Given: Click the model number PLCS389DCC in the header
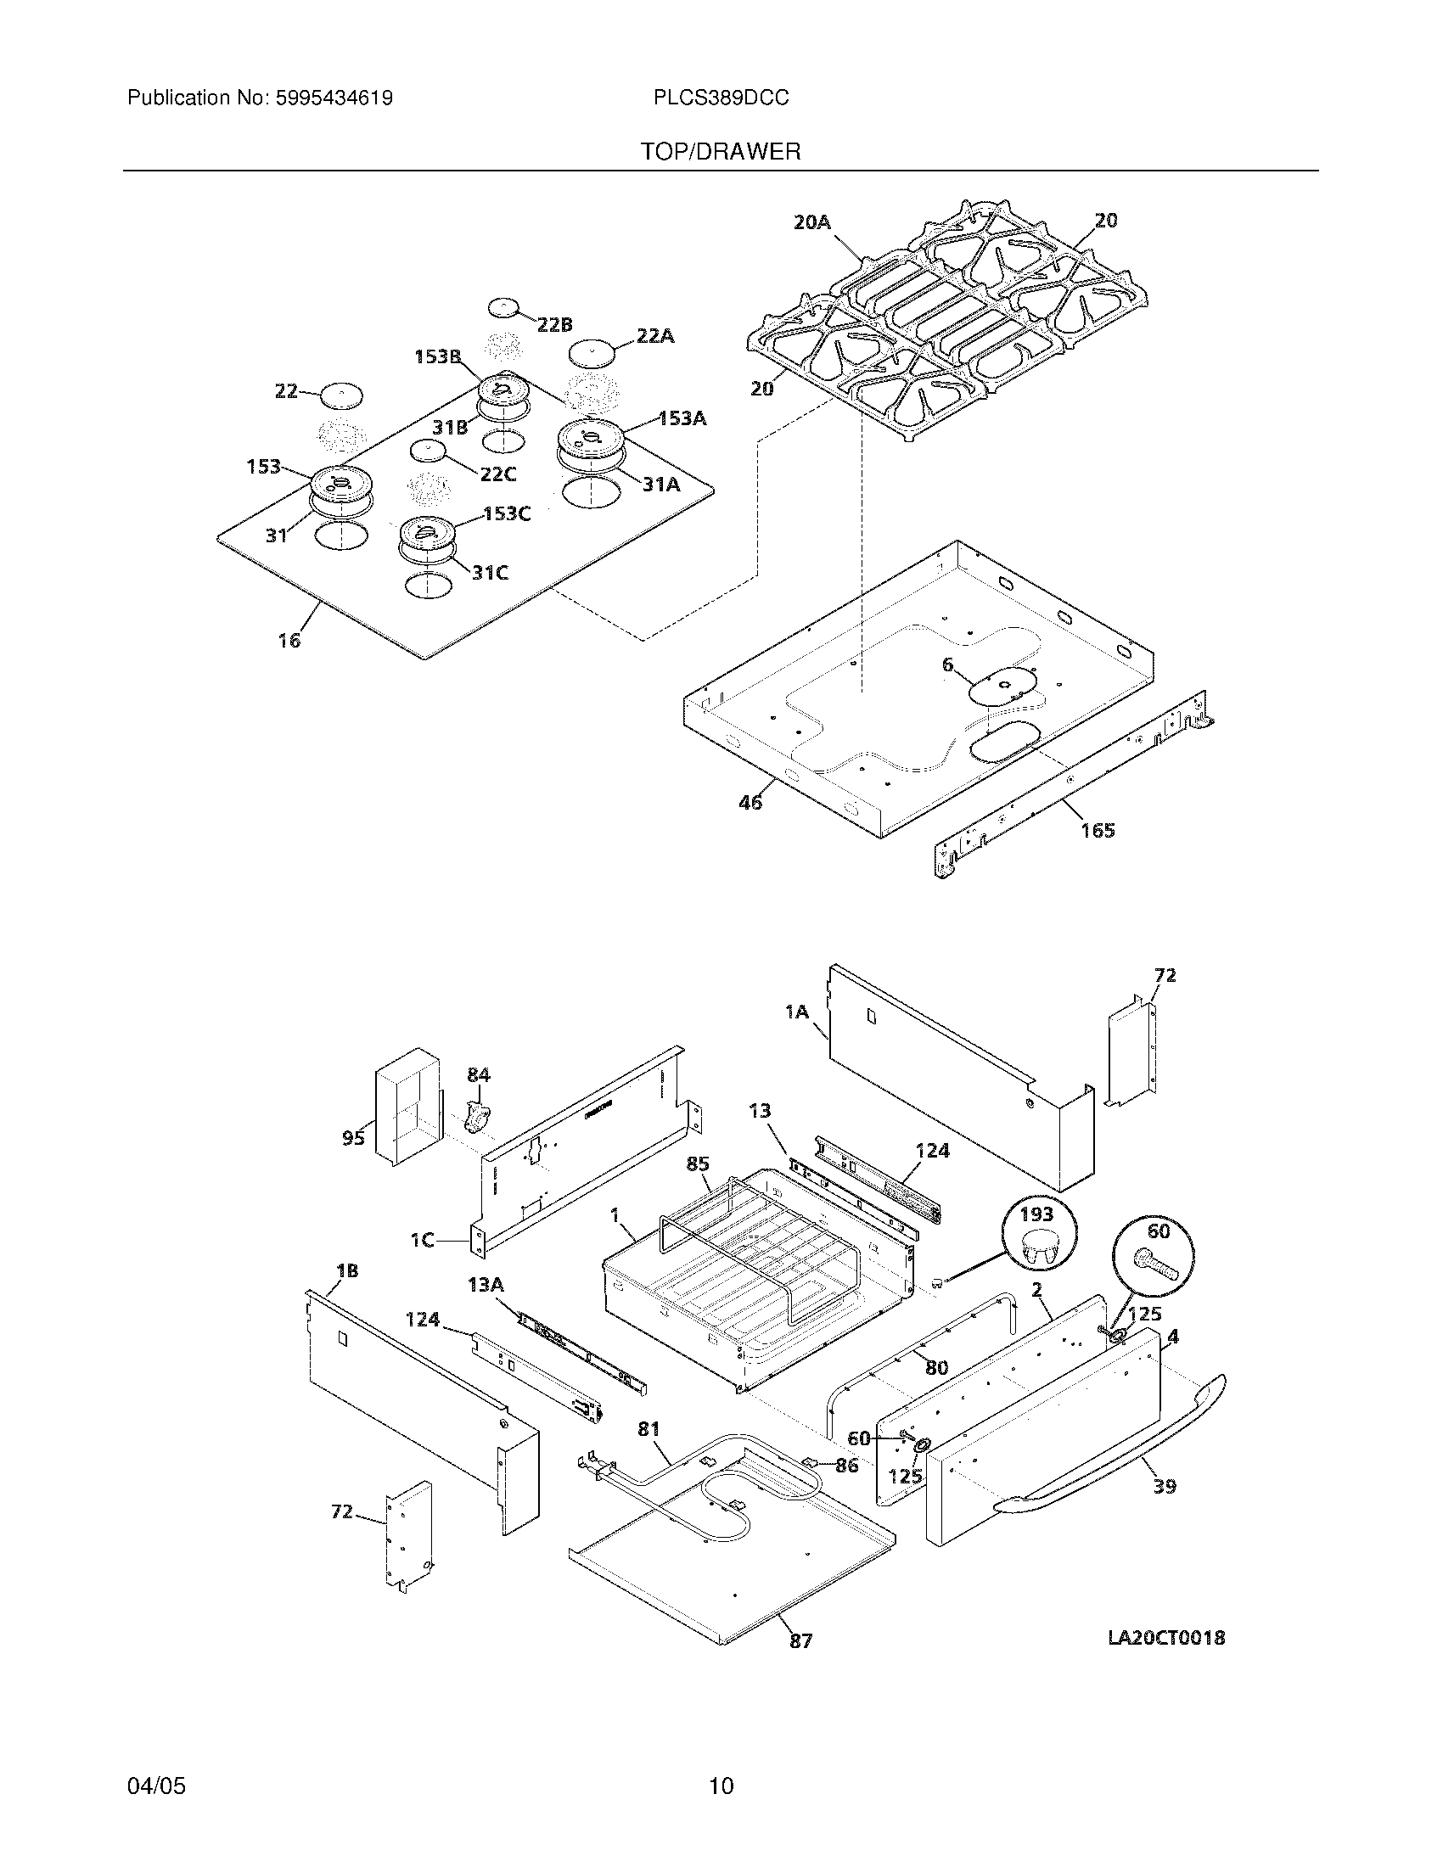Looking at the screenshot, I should (721, 98).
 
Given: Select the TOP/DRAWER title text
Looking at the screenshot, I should (721, 152).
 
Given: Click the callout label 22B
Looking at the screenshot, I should (555, 325).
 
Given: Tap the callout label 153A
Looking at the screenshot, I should (682, 419).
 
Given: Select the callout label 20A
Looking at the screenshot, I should (811, 222).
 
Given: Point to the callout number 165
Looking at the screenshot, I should (1098, 830).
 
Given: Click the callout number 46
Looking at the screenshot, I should (750, 803).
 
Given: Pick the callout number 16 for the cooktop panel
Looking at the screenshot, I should (289, 639).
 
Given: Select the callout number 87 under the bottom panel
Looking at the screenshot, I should (800, 1640).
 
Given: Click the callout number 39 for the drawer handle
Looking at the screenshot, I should (1165, 1486).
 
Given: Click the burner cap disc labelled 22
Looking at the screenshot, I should (341, 395).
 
